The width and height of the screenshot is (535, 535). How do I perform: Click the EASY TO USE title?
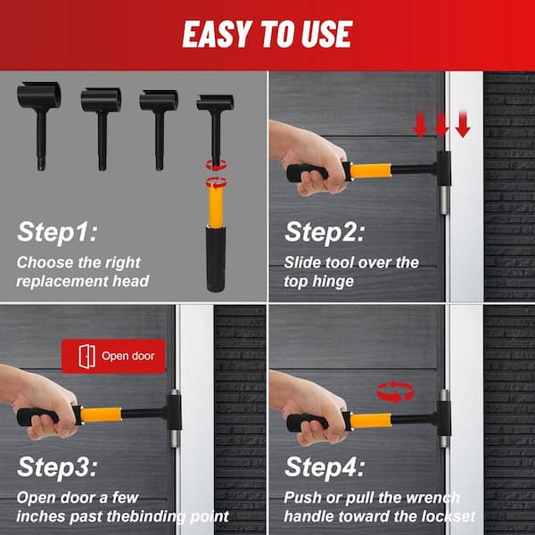(x=267, y=34)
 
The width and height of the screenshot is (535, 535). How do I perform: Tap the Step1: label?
(x=57, y=232)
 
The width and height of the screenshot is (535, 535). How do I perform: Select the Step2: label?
(x=325, y=232)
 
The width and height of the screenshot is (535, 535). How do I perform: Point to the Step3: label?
(x=57, y=467)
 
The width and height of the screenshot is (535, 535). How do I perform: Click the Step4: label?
(x=325, y=467)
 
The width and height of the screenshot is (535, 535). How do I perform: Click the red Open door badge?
(x=113, y=356)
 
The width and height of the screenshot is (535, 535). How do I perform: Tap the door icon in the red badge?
(x=87, y=356)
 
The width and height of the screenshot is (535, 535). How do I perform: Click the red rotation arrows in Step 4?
(x=395, y=391)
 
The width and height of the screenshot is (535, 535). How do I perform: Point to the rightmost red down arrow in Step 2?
(x=463, y=124)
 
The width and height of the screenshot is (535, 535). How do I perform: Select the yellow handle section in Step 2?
(x=370, y=170)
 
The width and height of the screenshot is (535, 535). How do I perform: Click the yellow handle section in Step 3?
(x=101, y=415)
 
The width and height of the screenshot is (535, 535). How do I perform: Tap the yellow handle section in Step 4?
(x=371, y=421)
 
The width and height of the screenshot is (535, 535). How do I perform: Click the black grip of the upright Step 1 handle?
(x=216, y=259)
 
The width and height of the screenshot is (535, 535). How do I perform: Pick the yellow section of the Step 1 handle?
(x=216, y=207)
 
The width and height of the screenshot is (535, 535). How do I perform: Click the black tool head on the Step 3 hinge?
(x=174, y=412)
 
